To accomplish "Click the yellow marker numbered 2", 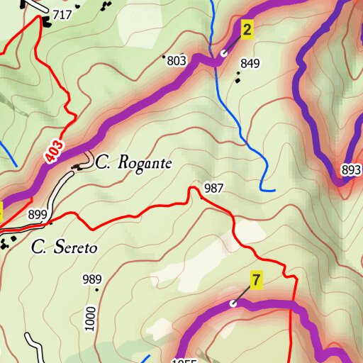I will [247, 29].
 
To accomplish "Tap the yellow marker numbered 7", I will [256, 279].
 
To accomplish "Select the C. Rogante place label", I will [134, 163].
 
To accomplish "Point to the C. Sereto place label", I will [64, 248].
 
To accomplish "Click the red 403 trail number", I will [56, 151].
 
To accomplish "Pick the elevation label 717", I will [62, 15].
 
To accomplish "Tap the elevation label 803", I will [177, 61].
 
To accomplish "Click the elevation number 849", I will [250, 64].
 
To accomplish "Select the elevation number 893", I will [351, 170].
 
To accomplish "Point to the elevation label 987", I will [213, 188].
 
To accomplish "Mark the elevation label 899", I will [38, 214].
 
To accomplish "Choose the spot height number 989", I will [92, 279].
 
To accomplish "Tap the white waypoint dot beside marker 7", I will [233, 303].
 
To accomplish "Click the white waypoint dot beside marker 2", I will [223, 52].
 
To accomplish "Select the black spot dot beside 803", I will [164, 56].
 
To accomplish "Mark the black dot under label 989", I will [96, 289].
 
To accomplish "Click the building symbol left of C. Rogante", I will [77, 167].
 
